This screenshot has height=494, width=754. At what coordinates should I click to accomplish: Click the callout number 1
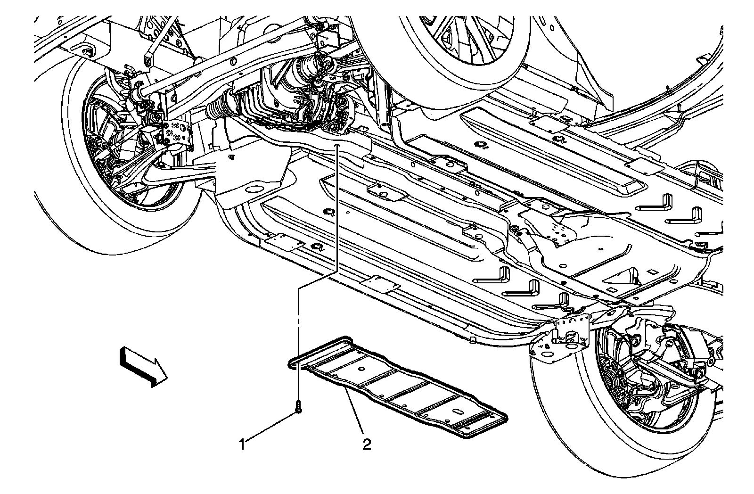click(x=243, y=444)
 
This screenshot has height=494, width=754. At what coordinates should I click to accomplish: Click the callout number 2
click(x=366, y=444)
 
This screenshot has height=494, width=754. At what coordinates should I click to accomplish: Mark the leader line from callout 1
click(x=271, y=427)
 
